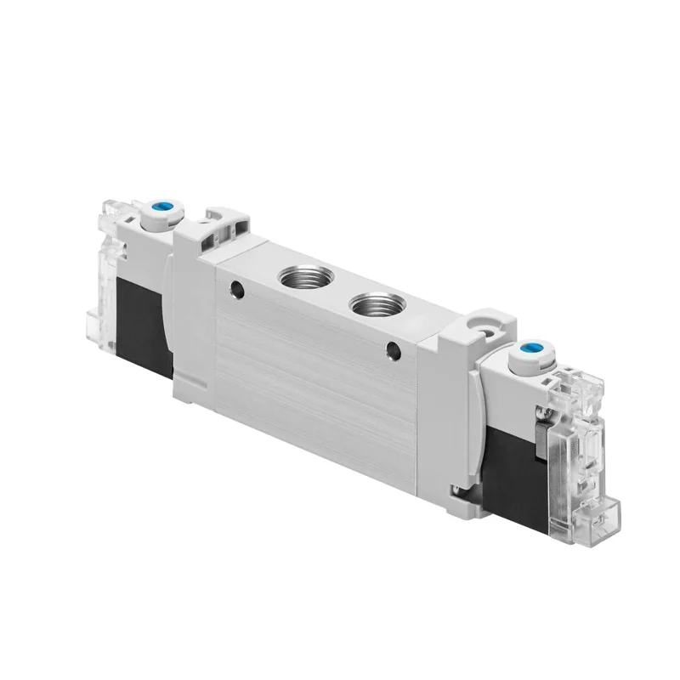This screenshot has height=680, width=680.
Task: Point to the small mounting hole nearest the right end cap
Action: click(392, 349)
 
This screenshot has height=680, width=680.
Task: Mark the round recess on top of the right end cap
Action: click(485, 325)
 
